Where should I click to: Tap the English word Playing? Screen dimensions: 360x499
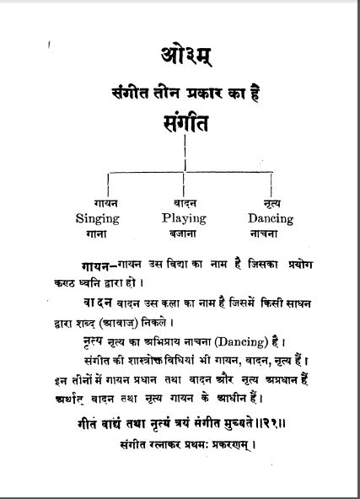[x=183, y=217]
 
